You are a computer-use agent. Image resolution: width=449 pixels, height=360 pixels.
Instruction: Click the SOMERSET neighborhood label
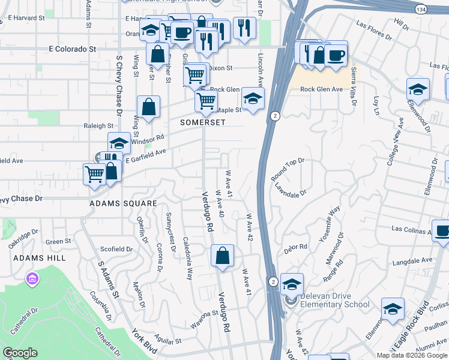point(203,122)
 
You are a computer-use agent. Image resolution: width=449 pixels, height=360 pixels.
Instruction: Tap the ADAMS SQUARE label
point(123,203)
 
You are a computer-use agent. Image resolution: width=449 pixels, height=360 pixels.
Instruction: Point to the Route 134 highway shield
point(421,9)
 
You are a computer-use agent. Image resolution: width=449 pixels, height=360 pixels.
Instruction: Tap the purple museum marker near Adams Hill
point(32,279)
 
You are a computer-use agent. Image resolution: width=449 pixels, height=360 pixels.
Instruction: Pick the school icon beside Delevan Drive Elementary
point(292,284)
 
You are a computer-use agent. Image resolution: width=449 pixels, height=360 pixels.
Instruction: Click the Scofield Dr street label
point(116,249)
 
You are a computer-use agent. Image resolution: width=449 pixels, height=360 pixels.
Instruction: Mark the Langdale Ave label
point(412,261)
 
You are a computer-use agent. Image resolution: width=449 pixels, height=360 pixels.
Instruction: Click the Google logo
point(20,353)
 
